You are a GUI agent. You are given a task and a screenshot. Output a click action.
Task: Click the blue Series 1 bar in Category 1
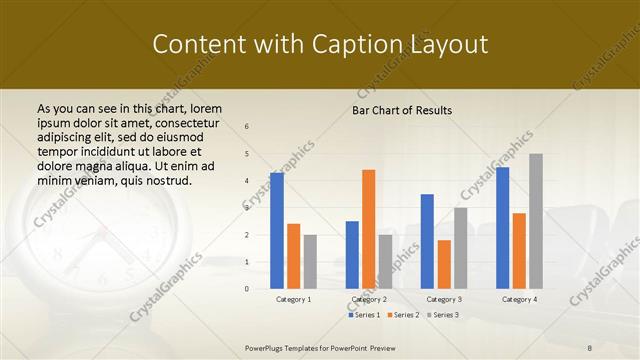(277, 230)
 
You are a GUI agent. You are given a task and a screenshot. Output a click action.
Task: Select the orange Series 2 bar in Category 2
(368, 229)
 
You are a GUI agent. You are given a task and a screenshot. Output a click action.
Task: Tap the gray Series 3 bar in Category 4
(536, 221)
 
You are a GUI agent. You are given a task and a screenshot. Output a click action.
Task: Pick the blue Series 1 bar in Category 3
(427, 241)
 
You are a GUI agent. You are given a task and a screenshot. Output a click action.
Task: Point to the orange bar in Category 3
(444, 264)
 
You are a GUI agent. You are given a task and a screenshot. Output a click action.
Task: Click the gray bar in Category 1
(310, 261)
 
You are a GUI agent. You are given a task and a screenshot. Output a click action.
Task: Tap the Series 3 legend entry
(441, 315)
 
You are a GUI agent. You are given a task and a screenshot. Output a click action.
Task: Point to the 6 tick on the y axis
(247, 127)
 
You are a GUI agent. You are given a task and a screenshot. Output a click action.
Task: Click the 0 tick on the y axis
(247, 289)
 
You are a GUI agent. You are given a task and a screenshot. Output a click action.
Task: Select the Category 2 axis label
(368, 299)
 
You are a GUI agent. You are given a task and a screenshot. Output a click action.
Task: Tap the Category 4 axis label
(519, 299)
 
